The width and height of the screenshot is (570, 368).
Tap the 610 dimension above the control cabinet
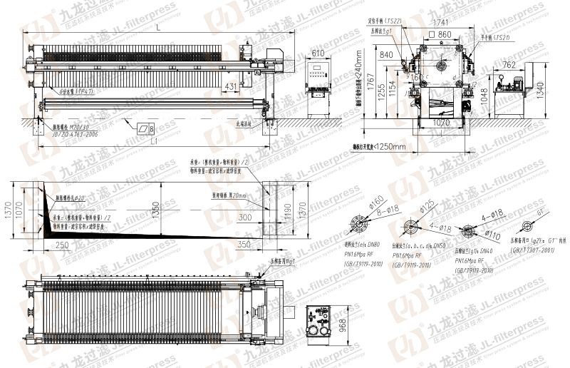pos(318,53)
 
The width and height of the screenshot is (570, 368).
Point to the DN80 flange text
pos(375,245)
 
